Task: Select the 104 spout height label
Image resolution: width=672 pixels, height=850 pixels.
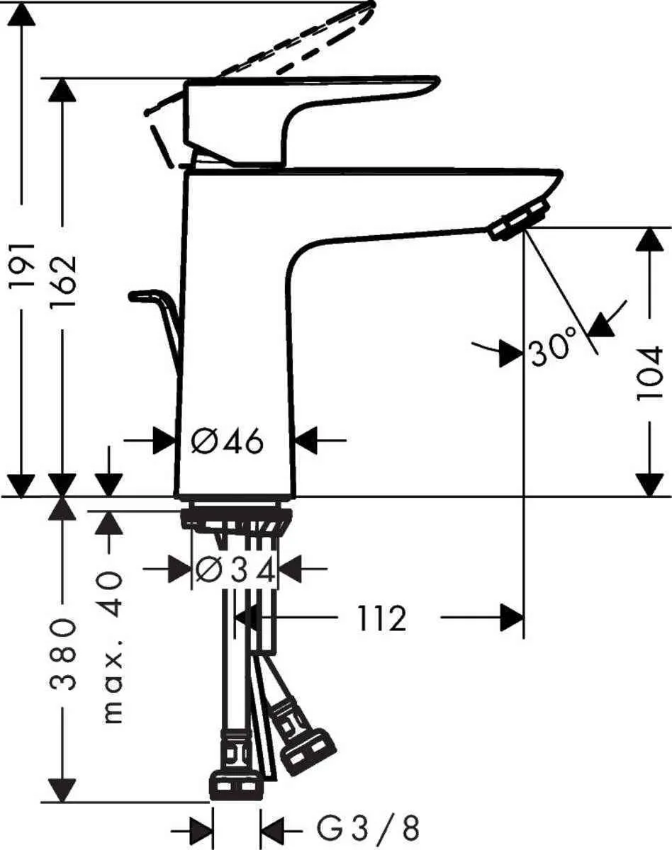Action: (649, 373)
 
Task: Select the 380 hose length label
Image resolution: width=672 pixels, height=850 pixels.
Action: (63, 653)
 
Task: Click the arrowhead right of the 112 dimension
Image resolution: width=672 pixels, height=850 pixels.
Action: (512, 618)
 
